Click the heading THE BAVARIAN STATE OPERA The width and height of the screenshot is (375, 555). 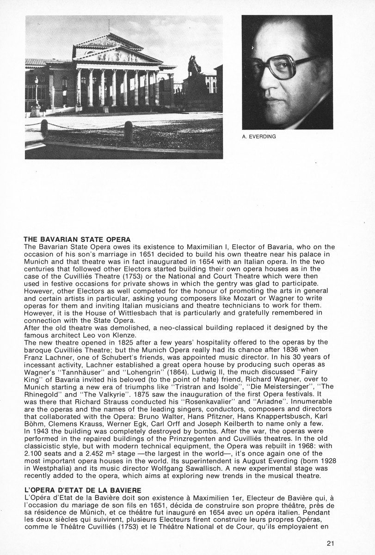pos(77,240)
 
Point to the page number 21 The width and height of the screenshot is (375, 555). pos(330,543)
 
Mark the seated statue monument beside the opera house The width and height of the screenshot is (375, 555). pos(194,69)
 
